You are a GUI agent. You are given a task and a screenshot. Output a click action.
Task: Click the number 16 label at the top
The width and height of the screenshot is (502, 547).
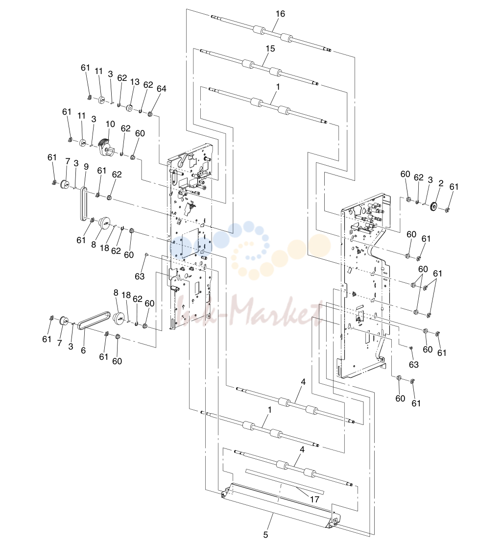[280, 14]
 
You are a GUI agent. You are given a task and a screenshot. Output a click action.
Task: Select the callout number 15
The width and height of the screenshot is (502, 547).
[270, 49]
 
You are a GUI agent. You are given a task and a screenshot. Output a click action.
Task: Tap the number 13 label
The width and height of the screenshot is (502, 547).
[135, 82]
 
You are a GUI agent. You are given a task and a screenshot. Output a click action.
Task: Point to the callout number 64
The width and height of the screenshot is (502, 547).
[162, 89]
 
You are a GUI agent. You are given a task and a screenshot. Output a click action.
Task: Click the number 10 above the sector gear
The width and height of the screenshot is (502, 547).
[110, 124]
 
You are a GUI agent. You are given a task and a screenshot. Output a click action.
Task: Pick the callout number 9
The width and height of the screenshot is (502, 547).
[86, 167]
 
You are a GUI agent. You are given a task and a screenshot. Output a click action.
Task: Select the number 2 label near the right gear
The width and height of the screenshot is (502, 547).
[441, 183]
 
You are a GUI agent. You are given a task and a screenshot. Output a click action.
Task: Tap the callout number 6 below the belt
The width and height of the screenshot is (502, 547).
[83, 350]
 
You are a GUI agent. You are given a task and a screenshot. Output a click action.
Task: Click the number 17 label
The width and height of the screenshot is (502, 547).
[314, 499]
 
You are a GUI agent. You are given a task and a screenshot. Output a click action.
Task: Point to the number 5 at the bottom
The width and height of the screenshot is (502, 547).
[265, 534]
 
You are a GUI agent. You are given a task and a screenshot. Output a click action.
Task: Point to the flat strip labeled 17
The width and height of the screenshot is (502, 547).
[285, 482]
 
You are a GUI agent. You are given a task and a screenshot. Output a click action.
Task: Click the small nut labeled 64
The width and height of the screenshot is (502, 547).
[150, 114]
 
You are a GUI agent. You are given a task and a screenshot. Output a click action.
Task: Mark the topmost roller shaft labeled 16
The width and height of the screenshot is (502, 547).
[271, 33]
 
